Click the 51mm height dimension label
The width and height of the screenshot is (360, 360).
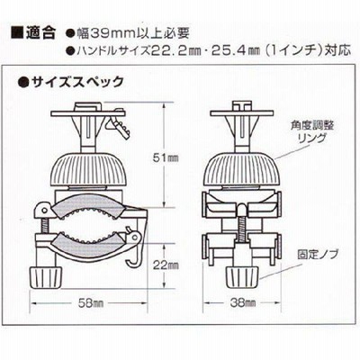166,157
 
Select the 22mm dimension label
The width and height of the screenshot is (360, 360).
166,265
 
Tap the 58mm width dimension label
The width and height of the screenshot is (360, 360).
91,303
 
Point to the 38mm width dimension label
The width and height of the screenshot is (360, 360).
243,303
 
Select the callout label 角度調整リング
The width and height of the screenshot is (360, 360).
312,131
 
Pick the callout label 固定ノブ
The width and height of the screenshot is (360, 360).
318,255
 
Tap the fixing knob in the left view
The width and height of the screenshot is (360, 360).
47,276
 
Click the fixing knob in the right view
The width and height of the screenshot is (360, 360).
242,276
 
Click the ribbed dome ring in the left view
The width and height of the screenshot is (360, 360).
89,170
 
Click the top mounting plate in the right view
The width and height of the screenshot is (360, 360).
242,113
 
